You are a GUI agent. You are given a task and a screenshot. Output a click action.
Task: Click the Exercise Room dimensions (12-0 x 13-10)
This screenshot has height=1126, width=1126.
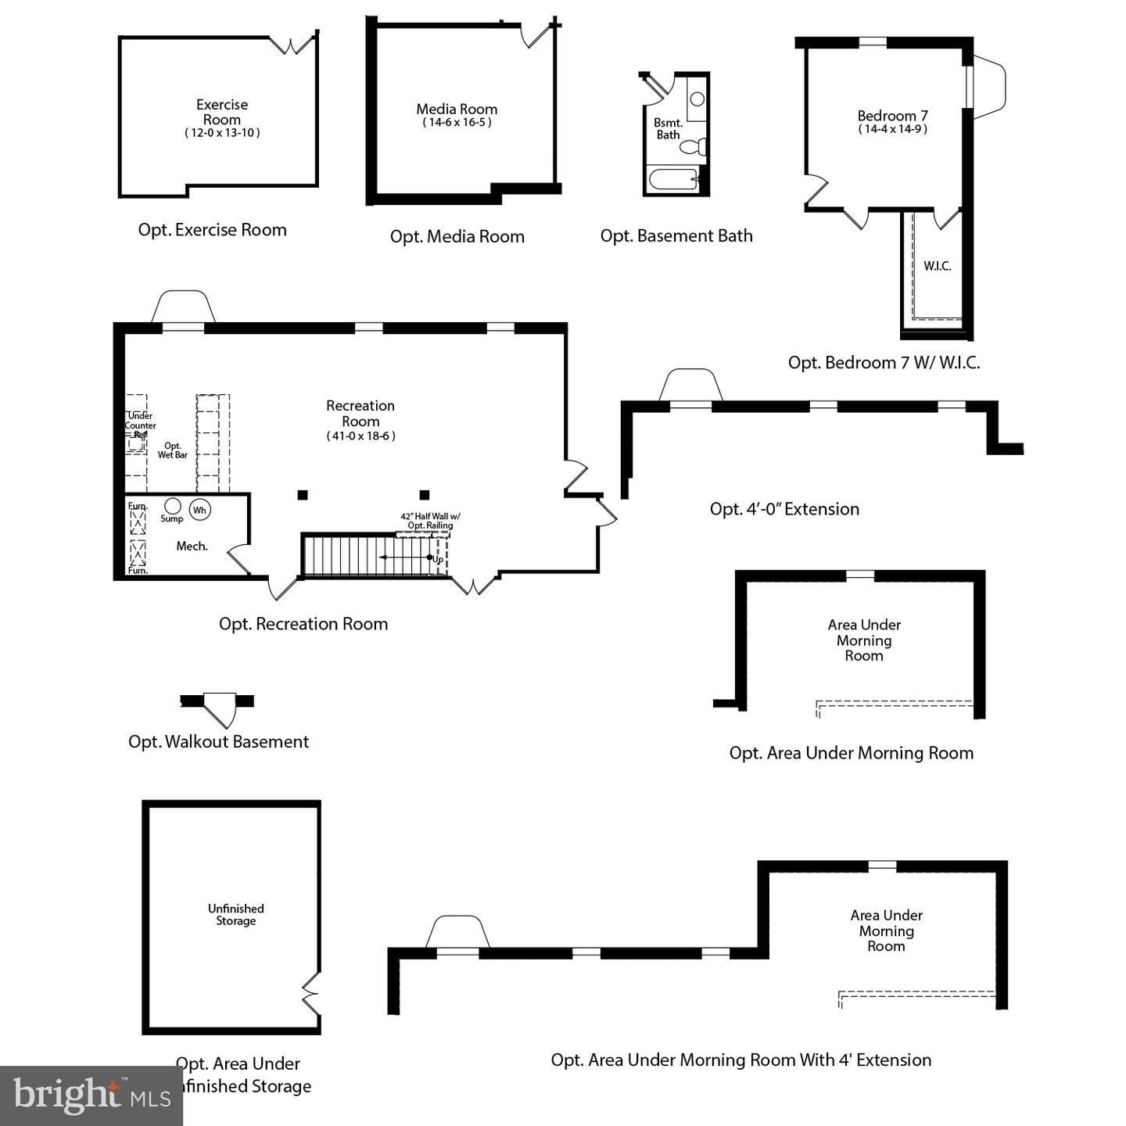222,133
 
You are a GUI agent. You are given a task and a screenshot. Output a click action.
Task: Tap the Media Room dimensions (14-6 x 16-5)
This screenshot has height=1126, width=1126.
457,122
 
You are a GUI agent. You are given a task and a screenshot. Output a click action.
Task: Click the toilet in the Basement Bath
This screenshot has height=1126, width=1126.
693,146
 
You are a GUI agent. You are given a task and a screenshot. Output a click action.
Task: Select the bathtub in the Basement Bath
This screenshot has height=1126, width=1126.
674,179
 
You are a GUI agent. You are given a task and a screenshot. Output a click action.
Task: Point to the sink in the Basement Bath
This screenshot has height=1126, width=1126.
697,99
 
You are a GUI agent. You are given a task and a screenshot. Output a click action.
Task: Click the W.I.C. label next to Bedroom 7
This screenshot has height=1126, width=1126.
938,266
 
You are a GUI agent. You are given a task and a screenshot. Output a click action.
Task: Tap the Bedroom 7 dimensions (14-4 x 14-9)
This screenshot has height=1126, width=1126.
892,129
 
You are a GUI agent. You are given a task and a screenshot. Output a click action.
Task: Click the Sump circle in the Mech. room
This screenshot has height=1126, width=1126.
172,505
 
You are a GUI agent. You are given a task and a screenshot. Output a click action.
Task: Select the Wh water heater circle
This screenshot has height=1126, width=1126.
200,510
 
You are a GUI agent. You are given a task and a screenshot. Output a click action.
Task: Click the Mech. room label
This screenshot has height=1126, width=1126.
192,546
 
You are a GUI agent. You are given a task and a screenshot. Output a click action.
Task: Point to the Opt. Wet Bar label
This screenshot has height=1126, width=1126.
172,450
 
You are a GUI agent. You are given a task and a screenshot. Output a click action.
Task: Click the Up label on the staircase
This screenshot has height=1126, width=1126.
438,559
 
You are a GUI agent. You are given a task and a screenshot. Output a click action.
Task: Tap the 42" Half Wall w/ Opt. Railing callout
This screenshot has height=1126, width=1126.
430,521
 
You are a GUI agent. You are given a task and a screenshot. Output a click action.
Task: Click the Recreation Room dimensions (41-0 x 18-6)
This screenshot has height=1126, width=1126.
360,436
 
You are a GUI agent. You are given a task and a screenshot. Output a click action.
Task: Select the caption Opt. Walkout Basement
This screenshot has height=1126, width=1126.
218,741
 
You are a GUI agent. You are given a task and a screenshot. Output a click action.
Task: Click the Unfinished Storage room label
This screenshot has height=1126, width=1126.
236,914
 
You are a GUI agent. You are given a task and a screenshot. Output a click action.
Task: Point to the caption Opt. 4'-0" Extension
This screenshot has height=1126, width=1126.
784,509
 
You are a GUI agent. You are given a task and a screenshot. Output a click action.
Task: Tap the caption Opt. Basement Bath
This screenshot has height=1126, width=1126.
676,235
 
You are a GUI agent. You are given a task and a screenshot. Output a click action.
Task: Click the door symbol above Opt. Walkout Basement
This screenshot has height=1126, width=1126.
217,708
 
